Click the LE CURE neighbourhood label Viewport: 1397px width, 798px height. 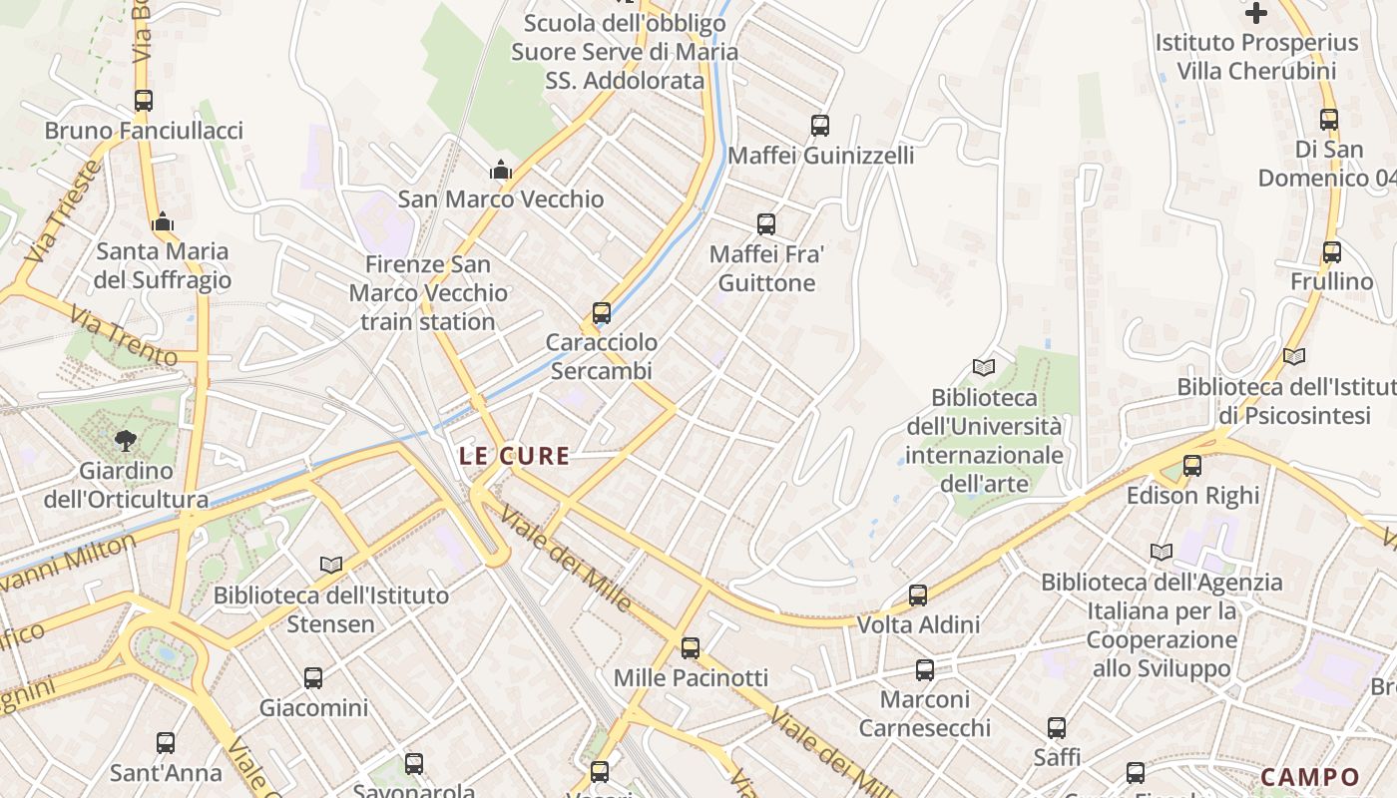(514, 457)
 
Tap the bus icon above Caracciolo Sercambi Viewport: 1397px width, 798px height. (601, 313)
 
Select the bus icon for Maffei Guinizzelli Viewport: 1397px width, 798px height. (820, 126)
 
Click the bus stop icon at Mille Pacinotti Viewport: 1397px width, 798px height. (691, 648)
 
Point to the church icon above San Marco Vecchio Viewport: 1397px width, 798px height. (501, 171)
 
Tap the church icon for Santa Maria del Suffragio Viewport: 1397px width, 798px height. (163, 221)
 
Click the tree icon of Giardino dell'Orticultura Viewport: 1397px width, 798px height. (126, 440)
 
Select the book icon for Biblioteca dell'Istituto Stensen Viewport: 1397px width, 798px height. (331, 565)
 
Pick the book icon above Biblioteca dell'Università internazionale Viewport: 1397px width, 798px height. (984, 367)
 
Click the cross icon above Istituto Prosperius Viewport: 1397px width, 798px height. (1256, 13)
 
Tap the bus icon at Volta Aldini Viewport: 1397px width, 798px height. (918, 596)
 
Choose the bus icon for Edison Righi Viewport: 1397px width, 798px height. (1192, 466)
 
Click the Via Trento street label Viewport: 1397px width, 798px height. (124, 335)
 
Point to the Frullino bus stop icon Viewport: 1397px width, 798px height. (1332, 252)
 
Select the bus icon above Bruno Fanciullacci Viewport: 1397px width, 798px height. (144, 101)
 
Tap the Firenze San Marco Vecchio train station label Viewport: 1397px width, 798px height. (428, 293)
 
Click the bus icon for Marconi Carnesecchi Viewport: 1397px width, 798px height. (925, 670)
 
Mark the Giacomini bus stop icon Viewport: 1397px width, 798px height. (313, 678)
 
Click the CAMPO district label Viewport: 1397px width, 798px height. (1310, 777)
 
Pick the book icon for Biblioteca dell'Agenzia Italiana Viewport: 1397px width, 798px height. (1162, 552)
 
